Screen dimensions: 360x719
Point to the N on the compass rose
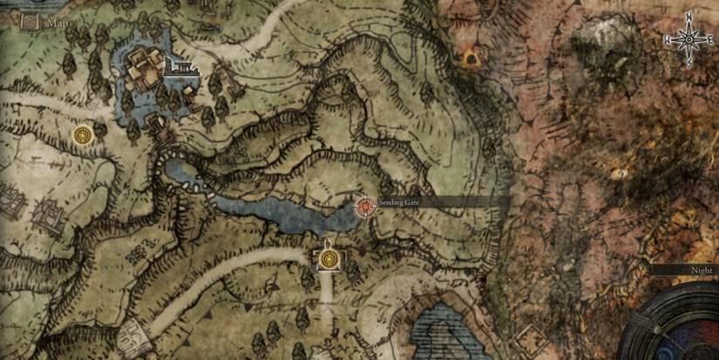click(x=689, y=17)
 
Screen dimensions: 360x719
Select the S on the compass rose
click(x=689, y=65)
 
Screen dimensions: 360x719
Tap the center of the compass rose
click(x=689, y=40)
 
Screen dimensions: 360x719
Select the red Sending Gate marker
click(x=366, y=207)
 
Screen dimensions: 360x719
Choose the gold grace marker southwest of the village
click(x=84, y=135)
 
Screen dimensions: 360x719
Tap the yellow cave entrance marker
click(x=471, y=58)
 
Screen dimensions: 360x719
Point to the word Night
click(x=702, y=271)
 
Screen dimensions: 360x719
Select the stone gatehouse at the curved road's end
click(x=131, y=331)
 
